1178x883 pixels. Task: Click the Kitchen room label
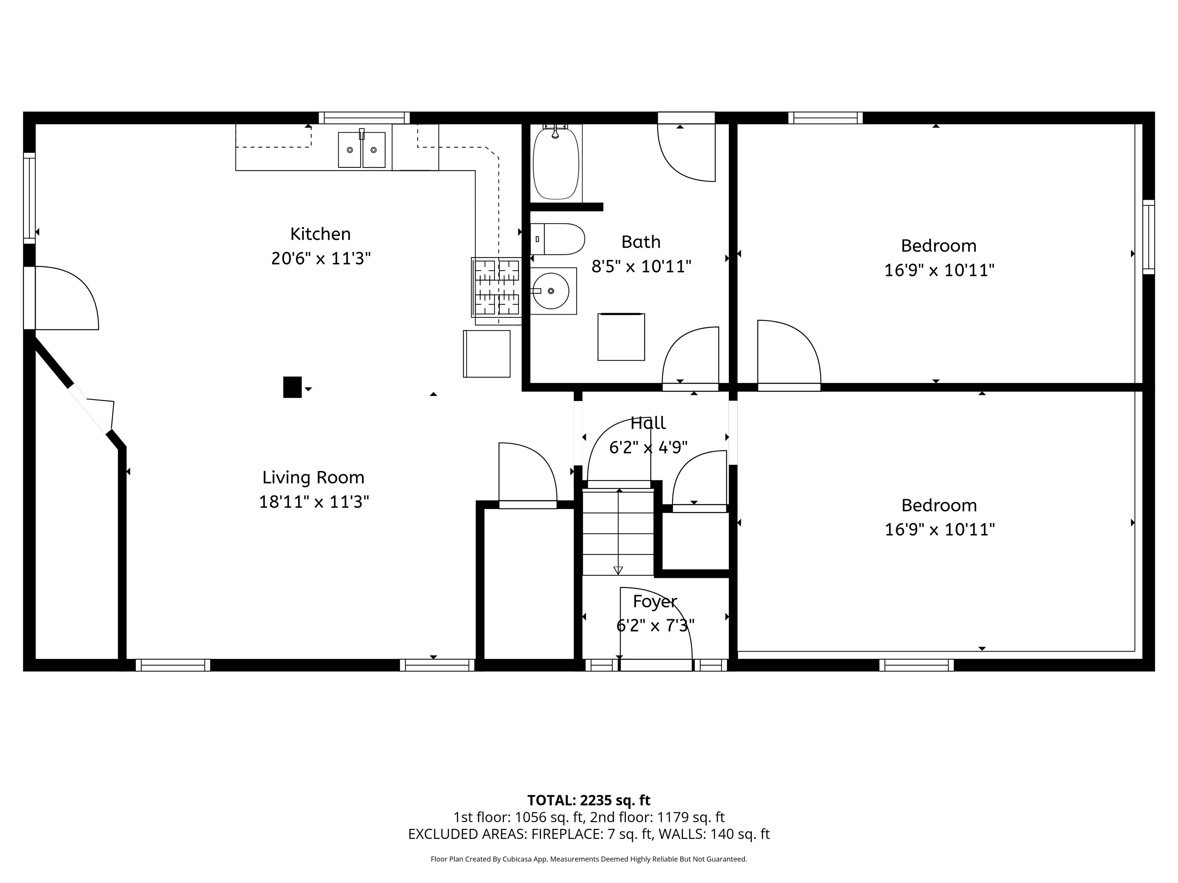320,234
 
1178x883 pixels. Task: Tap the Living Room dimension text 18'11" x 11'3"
314,502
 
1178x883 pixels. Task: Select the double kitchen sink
362,150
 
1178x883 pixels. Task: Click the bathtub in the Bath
556,162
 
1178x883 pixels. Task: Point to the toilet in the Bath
557,239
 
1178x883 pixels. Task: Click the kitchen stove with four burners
496,287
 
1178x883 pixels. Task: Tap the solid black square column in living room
292,387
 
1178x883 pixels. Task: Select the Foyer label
655,601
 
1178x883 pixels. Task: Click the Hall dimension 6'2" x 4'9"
648,448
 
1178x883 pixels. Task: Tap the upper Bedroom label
938,246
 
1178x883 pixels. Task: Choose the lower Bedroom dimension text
939,530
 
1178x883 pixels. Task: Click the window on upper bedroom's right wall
1149,237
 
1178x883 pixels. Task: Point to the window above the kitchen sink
364,118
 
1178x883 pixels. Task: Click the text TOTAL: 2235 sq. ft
589,801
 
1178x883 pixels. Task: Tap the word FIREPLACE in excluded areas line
566,834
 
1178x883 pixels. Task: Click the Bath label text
641,242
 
